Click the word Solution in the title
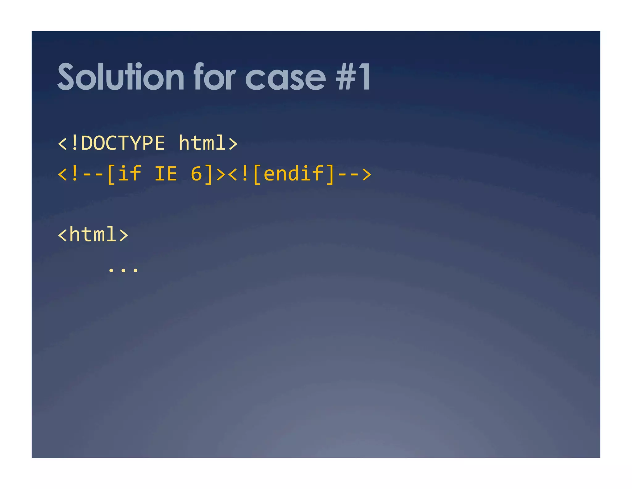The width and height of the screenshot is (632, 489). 121,77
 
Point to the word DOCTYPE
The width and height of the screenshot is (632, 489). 123,143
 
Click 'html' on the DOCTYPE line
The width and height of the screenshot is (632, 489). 202,143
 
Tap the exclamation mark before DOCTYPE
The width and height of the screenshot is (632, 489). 74,143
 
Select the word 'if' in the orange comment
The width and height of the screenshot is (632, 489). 130,174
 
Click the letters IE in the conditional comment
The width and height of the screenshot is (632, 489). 166,174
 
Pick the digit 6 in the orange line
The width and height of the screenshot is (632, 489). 196,174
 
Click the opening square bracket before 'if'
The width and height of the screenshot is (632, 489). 111,174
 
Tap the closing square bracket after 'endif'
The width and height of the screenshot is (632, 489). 330,174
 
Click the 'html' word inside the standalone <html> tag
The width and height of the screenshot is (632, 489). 93,235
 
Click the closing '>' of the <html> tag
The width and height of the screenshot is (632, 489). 123,235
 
